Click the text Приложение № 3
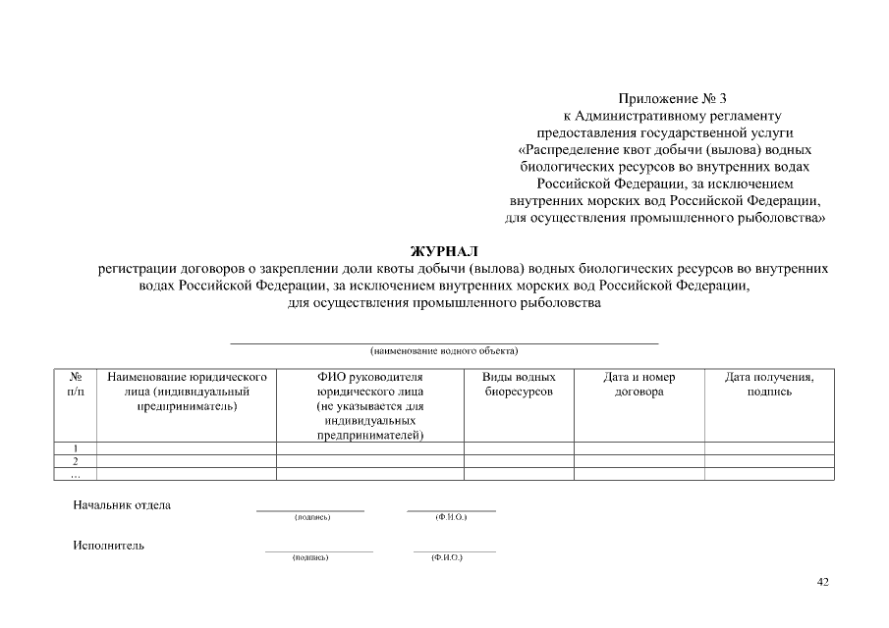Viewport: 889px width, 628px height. tap(673, 98)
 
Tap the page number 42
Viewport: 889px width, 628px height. tap(823, 582)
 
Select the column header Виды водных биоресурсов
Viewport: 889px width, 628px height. tap(519, 384)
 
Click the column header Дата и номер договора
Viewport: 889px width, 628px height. tap(639, 384)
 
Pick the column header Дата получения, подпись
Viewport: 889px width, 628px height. tap(768, 384)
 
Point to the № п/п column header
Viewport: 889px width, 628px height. tap(76, 384)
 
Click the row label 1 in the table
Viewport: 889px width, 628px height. tap(76, 448)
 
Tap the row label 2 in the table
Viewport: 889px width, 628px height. tap(76, 460)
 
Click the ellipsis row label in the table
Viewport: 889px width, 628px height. tap(76, 473)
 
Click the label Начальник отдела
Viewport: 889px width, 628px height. tap(122, 505)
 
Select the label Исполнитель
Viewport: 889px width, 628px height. tap(108, 546)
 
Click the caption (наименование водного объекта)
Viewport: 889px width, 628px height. tap(444, 350)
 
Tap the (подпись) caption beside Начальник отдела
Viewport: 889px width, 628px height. tap(311, 517)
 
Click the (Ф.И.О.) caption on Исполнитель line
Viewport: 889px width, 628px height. tap(446, 557)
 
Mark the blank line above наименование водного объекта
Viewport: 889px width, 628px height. tap(444, 342)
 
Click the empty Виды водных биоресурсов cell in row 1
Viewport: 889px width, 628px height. tap(519, 448)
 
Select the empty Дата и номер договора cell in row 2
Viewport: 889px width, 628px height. tap(639, 460)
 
